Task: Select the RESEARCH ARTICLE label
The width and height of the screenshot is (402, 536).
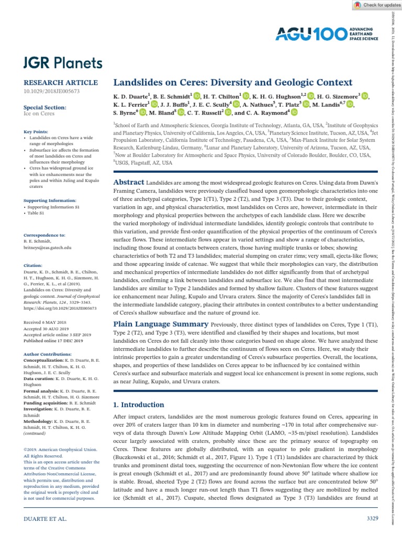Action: [61, 83]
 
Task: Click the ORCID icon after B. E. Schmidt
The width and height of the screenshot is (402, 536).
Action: [197, 96]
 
